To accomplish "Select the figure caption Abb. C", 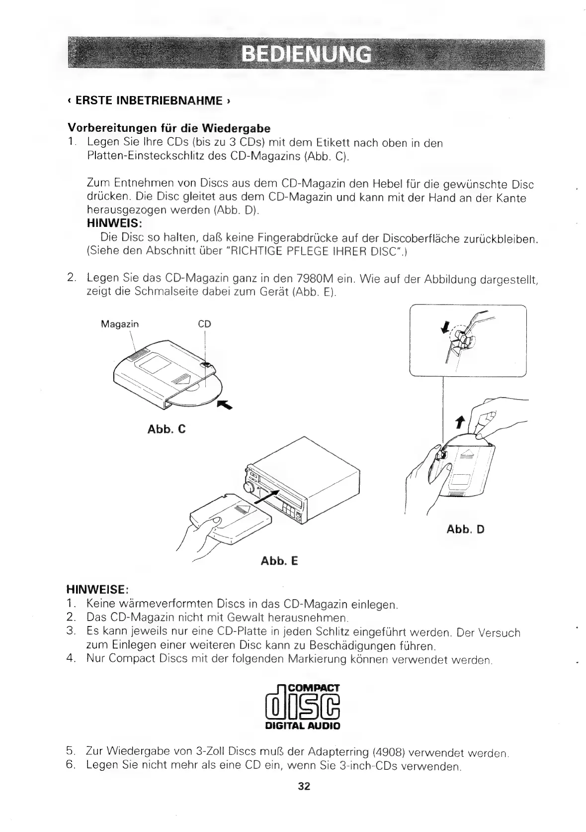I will click(167, 428).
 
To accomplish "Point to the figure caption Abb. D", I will click(465, 529).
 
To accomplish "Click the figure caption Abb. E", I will click(279, 561).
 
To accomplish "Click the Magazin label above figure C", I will click(120, 324).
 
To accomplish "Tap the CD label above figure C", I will click(204, 324).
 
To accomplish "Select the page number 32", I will click(304, 787).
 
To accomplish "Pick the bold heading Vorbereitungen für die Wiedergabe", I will click(169, 129).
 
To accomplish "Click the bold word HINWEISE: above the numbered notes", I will click(98, 590).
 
